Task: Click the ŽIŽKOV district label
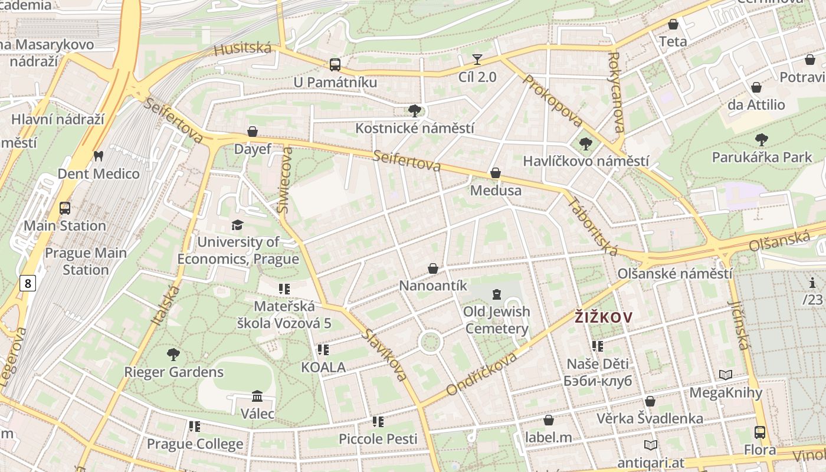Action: pyautogui.click(x=604, y=317)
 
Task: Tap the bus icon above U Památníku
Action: pyautogui.click(x=335, y=64)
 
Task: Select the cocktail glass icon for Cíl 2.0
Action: pyautogui.click(x=477, y=59)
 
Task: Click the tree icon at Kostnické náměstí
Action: pyautogui.click(x=415, y=110)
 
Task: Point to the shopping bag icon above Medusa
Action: pyautogui.click(x=496, y=173)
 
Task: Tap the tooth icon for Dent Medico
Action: pyautogui.click(x=99, y=156)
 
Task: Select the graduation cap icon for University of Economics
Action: pyautogui.click(x=237, y=225)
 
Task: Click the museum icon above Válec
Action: pyautogui.click(x=257, y=396)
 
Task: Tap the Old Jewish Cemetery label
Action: pyautogui.click(x=496, y=320)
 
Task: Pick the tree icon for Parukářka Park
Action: pyautogui.click(x=762, y=140)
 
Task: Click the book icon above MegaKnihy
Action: pyautogui.click(x=726, y=375)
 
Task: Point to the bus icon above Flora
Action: pyautogui.click(x=759, y=432)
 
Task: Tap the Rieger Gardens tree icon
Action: pyautogui.click(x=173, y=355)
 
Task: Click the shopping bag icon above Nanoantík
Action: pyautogui.click(x=433, y=268)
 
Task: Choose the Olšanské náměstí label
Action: pyautogui.click(x=675, y=274)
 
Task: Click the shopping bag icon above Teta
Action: pyautogui.click(x=673, y=24)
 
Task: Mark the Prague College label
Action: pyautogui.click(x=195, y=444)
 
